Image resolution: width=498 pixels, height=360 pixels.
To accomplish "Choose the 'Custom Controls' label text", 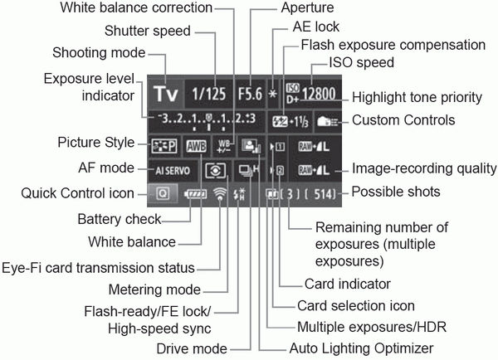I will [403, 119].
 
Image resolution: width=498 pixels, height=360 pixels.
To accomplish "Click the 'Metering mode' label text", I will [155, 289].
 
